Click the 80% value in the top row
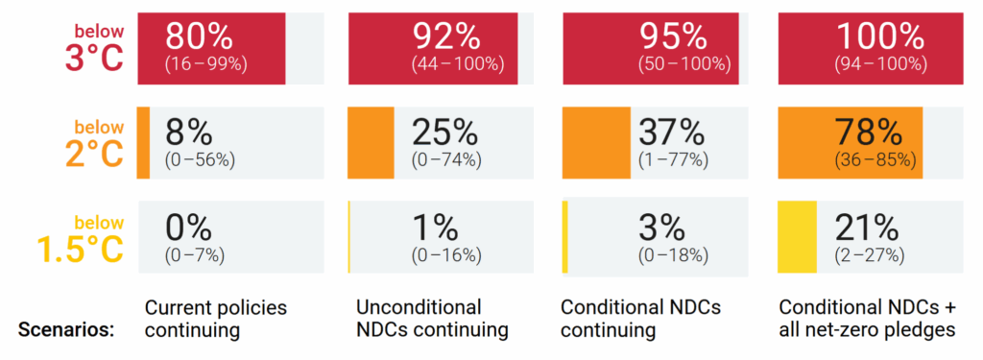point(199,36)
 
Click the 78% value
point(870,131)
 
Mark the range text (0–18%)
point(673,255)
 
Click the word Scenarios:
point(66,330)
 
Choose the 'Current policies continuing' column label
point(216,319)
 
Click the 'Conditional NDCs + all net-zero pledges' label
point(869,319)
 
